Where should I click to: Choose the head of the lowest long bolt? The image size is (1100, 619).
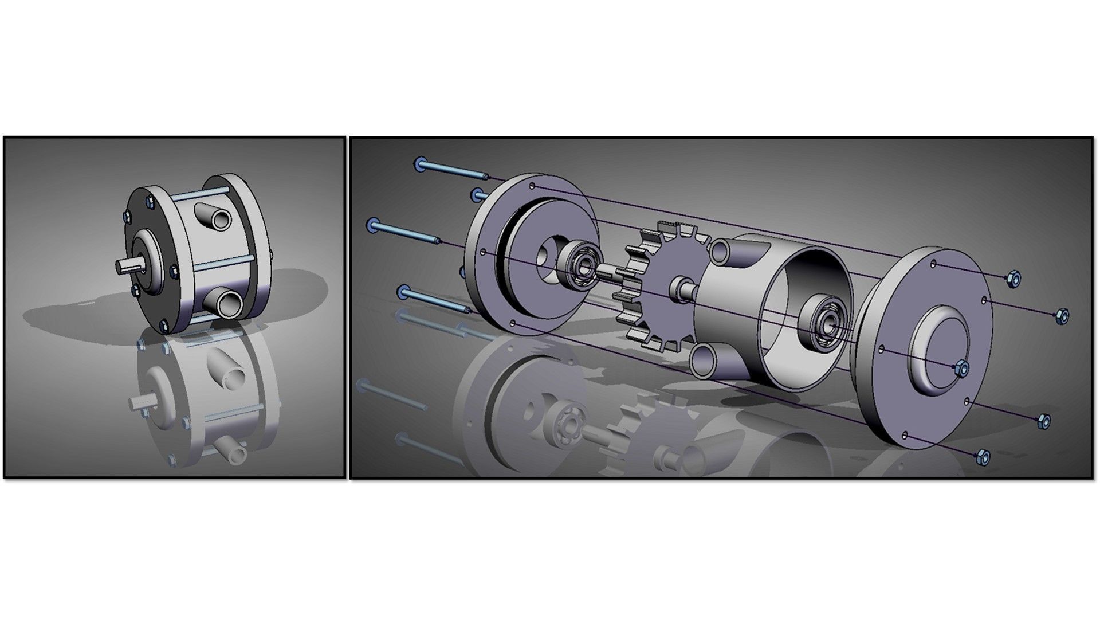pos(403,292)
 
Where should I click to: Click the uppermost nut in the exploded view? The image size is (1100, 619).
pos(1013,278)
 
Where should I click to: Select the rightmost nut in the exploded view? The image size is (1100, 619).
pos(1061,315)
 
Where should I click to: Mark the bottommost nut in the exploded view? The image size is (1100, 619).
pos(982,457)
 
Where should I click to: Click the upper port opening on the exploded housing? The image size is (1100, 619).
pos(720,250)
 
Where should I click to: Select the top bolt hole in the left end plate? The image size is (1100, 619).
pos(532,186)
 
